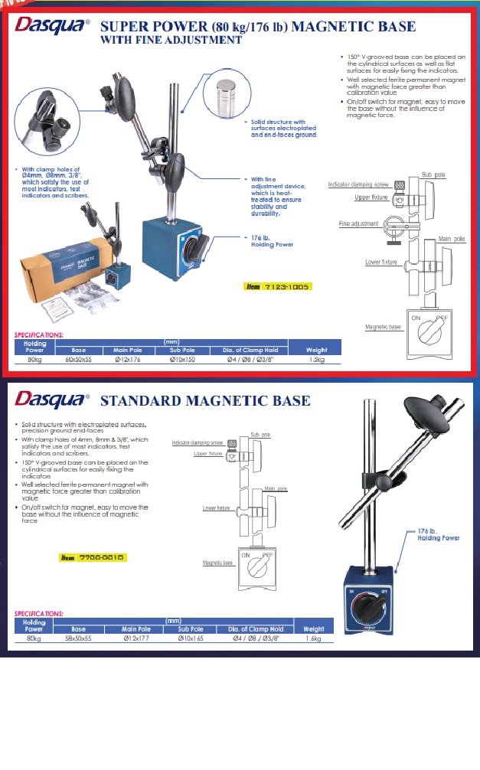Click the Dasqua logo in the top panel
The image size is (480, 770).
pyautogui.click(x=51, y=26)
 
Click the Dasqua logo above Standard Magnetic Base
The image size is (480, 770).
pyautogui.click(x=51, y=400)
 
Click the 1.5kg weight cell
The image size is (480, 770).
pyautogui.click(x=316, y=358)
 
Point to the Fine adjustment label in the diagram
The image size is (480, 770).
pyautogui.click(x=359, y=223)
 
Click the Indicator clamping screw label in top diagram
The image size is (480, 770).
pyautogui.click(x=358, y=184)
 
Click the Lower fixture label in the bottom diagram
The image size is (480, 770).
pyautogui.click(x=217, y=507)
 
